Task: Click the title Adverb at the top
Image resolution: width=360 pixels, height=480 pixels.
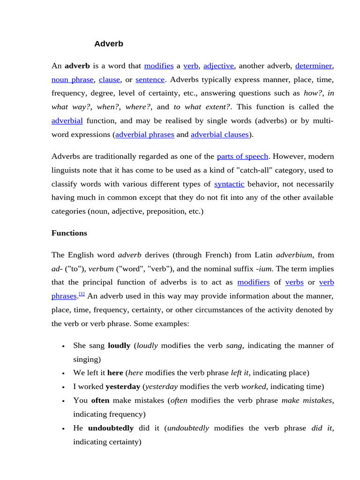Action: tap(109, 44)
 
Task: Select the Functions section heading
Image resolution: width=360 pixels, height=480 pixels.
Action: tap(69, 233)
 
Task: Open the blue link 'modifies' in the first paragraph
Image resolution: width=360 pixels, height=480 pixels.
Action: tap(159, 66)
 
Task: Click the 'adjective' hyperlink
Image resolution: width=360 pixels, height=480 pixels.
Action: tap(218, 66)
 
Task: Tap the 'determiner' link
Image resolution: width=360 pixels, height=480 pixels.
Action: tap(314, 66)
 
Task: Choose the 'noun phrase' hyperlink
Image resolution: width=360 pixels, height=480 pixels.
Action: tap(73, 80)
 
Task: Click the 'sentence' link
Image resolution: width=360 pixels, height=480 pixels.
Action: tap(150, 80)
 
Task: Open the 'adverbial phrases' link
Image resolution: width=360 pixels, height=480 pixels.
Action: tap(144, 135)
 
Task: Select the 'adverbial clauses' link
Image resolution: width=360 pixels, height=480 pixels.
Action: tap(220, 135)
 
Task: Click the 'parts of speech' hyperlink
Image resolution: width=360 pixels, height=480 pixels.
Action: tap(242, 157)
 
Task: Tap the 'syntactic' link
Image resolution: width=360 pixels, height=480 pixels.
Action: tap(229, 184)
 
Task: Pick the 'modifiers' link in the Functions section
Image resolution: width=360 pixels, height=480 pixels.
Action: tap(253, 282)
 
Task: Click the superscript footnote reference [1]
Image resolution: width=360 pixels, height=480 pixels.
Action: tap(82, 294)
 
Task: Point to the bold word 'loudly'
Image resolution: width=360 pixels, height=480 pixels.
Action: tap(119, 345)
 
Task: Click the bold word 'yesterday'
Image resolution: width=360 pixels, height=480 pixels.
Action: tap(123, 387)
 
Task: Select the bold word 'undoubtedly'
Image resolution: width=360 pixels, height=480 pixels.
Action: tap(111, 428)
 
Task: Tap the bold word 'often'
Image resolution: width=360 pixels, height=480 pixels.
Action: tap(100, 400)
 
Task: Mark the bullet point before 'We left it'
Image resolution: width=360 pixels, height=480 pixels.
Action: tap(63, 374)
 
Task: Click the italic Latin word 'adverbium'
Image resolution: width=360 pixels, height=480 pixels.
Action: tap(294, 255)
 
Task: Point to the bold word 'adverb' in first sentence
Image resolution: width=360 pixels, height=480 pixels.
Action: tap(77, 66)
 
